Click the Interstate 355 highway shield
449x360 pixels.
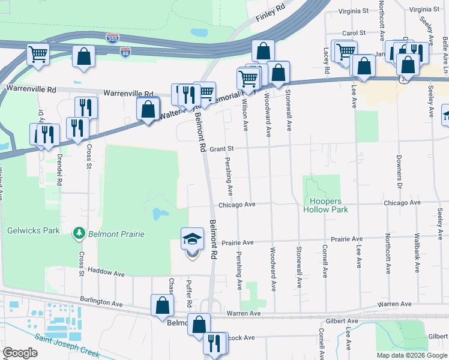pyautogui.click(x=112, y=38)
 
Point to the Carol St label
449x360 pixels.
pyautogui.click(x=354, y=33)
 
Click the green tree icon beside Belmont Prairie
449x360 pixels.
pyautogui.click(x=78, y=233)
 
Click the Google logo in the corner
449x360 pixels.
pyautogui.click(x=20, y=353)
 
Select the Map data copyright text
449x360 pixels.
pyautogui.click(x=412, y=355)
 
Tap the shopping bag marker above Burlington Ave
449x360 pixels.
pyautogui.click(x=162, y=305)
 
